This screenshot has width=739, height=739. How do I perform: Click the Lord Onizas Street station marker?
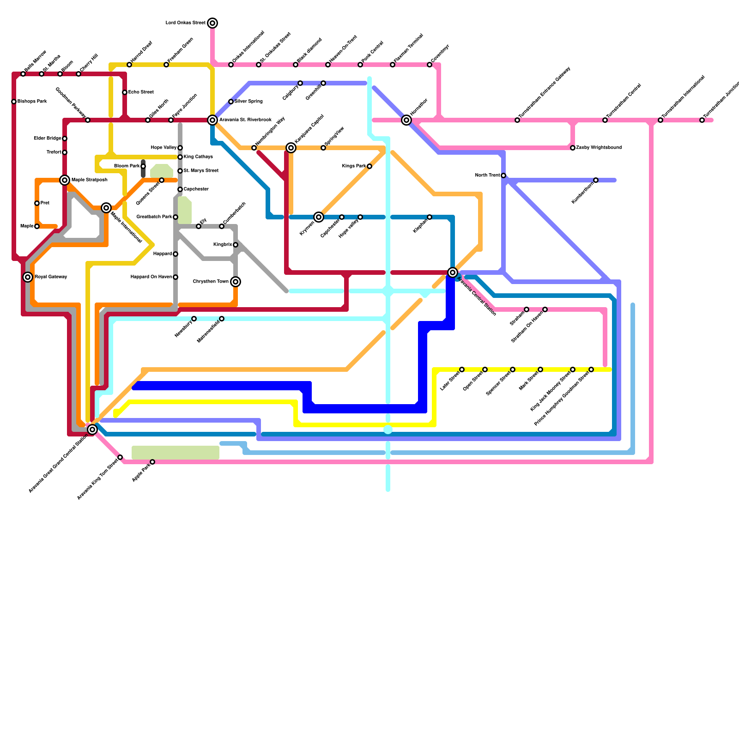[x=212, y=23]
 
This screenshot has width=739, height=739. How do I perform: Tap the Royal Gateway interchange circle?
[x=28, y=277]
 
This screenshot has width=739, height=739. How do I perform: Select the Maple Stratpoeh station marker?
[x=65, y=180]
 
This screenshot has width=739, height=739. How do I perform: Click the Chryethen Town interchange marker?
[x=236, y=282]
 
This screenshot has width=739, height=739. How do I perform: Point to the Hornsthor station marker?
[x=406, y=120]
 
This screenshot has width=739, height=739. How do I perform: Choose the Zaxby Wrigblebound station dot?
[x=573, y=148]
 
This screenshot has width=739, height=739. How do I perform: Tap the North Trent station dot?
[x=503, y=176]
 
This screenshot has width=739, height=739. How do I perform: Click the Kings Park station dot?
[x=369, y=166]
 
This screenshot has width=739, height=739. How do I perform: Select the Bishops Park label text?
[x=32, y=102]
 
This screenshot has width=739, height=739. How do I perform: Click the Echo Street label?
[x=141, y=92]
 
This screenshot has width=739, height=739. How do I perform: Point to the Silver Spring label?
[x=248, y=102]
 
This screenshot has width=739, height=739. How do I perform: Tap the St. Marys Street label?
[x=201, y=171]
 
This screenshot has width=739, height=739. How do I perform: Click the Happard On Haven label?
[x=151, y=277]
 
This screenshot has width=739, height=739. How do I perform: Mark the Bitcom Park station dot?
[x=143, y=166]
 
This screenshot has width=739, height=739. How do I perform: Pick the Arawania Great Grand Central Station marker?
[x=92, y=430]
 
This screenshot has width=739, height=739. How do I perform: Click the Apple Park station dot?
[x=152, y=462]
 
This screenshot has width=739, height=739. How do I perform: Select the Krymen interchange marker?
[x=319, y=217]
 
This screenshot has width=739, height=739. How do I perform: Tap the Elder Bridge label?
[x=48, y=139]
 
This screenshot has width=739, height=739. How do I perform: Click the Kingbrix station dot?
[x=236, y=245]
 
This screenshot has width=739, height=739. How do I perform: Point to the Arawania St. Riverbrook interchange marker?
[x=212, y=120]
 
